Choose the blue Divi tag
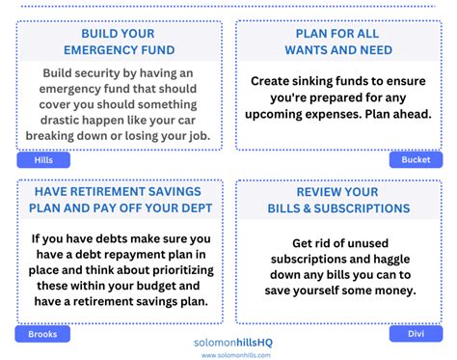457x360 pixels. pyautogui.click(x=416, y=334)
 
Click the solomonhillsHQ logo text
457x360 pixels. pyautogui.click(x=229, y=341)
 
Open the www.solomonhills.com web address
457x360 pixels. pyautogui.click(x=229, y=354)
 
